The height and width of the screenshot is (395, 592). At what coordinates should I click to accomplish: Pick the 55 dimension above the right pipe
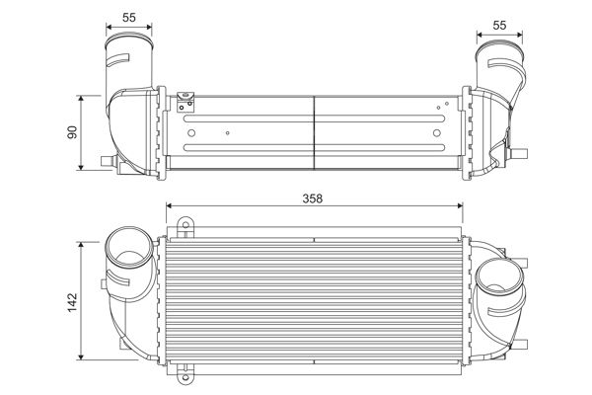point(500,24)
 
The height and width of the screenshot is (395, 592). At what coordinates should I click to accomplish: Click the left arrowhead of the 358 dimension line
point(170,206)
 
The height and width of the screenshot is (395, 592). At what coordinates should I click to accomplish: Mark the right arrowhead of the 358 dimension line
point(460,206)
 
